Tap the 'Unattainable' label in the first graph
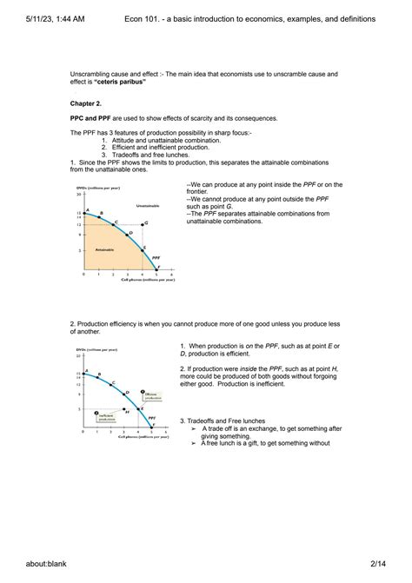coord(147,205)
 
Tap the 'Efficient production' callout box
coord(150,396)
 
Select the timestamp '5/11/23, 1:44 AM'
coord(43,17)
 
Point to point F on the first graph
coord(157,268)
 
